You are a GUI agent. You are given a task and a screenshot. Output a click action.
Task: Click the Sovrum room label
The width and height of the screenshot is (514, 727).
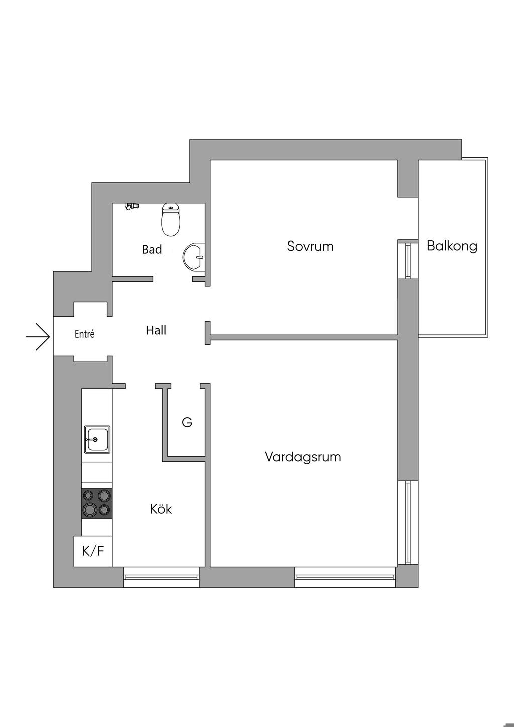tap(310, 246)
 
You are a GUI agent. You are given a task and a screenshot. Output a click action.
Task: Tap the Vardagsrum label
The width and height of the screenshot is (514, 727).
tap(303, 457)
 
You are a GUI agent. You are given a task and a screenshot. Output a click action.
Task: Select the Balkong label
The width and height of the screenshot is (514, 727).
tap(452, 246)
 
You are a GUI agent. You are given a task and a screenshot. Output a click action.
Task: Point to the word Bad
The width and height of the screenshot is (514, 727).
tap(152, 249)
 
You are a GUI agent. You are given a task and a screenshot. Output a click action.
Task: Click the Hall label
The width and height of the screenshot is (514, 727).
tap(156, 330)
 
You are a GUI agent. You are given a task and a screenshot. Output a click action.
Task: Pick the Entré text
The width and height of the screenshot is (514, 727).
tap(85, 334)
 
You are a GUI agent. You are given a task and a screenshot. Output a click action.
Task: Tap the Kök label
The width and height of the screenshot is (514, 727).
tap(161, 509)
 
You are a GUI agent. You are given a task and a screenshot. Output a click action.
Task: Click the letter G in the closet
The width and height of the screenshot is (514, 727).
tap(187, 422)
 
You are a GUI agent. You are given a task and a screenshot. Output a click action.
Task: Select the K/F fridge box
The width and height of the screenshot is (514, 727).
tap(93, 551)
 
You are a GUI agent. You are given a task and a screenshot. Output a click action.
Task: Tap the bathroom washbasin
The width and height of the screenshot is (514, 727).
tap(194, 257)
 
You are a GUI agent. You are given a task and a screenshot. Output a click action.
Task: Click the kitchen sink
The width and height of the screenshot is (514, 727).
tap(97, 439)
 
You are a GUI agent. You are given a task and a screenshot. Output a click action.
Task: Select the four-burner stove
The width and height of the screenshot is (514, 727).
tap(97, 503)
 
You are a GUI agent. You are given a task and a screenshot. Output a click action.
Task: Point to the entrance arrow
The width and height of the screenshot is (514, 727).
tap(38, 336)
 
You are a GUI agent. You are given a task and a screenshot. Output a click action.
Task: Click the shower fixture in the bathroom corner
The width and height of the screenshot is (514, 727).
tap(132, 206)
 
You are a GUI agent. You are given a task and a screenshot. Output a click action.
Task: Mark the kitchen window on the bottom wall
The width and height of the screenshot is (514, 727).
tap(162, 577)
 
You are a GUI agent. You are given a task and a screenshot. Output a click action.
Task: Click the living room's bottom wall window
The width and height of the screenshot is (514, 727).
tap(345, 577)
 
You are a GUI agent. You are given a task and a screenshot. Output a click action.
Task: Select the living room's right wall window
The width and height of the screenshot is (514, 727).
tap(408, 522)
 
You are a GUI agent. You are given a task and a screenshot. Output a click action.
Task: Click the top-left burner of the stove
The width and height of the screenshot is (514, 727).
tap(90, 496)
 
